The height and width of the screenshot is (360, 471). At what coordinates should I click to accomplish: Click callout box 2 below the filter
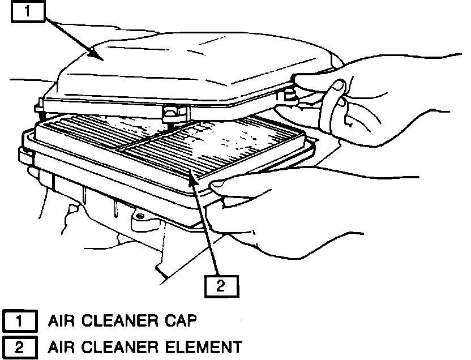(221, 285)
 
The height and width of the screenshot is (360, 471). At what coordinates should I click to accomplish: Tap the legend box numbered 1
(20, 322)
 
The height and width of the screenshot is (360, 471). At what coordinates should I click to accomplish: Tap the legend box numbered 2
(20, 346)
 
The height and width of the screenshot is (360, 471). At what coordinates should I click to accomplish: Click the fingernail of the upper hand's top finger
(337, 86)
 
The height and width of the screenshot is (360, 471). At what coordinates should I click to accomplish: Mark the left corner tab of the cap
(40, 103)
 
